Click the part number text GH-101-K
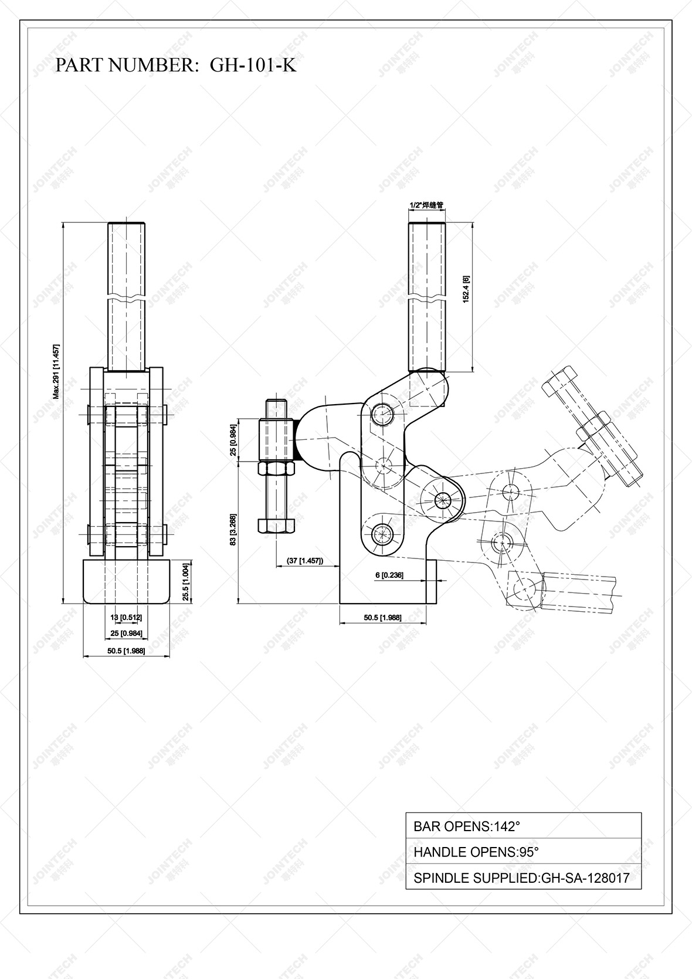pyautogui.click(x=253, y=65)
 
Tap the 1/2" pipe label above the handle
pyautogui.click(x=426, y=205)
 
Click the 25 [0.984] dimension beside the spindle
pyautogui.click(x=233, y=440)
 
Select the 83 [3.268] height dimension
pyautogui.click(x=233, y=530)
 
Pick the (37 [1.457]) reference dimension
pyautogui.click(x=305, y=561)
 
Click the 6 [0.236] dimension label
pyautogui.click(x=389, y=575)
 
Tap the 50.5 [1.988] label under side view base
pyautogui.click(x=382, y=617)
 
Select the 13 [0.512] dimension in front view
pyautogui.click(x=127, y=617)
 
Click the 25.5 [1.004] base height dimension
pyautogui.click(x=185, y=582)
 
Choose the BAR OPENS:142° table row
pyautogui.click(x=523, y=826)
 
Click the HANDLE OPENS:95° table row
pyautogui.click(x=523, y=852)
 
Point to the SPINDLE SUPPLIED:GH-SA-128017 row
pyautogui.click(x=523, y=878)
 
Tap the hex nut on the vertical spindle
pyautogui.click(x=276, y=469)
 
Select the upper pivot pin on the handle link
pyautogui.click(x=382, y=414)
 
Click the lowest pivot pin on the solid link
pyautogui.click(x=382, y=534)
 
